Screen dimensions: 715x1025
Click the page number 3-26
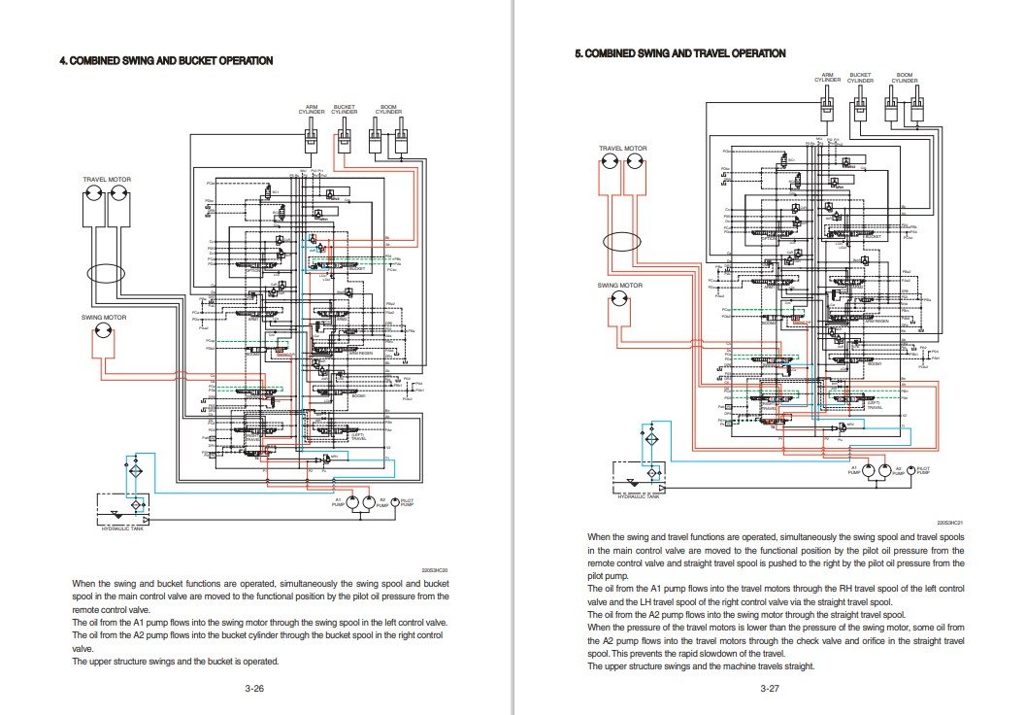pyautogui.click(x=254, y=688)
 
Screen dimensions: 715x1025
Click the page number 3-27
pyautogui.click(x=770, y=688)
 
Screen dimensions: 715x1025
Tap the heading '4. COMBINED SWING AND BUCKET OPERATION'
pyautogui.click(x=166, y=61)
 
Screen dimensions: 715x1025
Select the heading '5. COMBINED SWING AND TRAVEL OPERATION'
pyautogui.click(x=680, y=53)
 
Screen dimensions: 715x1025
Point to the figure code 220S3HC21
pyautogui.click(x=949, y=523)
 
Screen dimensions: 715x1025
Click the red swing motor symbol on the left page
pyautogui.click(x=101, y=337)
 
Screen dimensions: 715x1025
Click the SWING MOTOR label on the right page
pyautogui.click(x=619, y=286)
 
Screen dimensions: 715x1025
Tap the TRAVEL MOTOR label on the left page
pyautogui.click(x=107, y=180)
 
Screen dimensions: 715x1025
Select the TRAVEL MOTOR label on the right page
pyautogui.click(x=622, y=149)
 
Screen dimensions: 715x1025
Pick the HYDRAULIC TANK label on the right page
pyautogui.click(x=638, y=496)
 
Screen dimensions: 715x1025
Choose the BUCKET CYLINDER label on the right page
pyautogui.click(x=860, y=78)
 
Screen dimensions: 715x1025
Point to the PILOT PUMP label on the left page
pyautogui.click(x=408, y=503)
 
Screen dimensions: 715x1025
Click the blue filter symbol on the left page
pyautogui.click(x=136, y=470)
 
